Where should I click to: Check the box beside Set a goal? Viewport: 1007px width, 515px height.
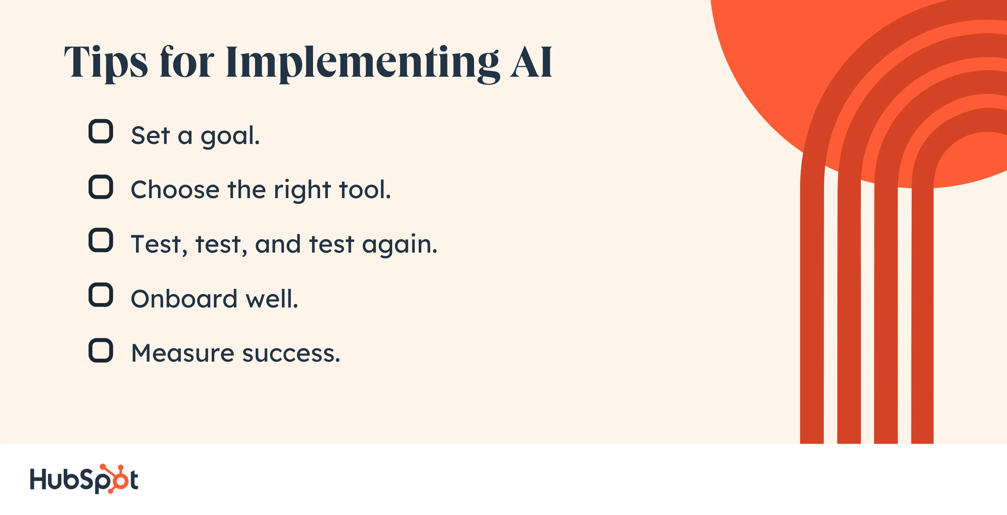[101, 131]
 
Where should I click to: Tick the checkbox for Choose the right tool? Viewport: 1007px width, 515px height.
[101, 187]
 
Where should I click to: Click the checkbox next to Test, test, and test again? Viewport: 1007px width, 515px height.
[101, 240]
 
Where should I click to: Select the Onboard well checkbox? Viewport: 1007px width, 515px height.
[101, 295]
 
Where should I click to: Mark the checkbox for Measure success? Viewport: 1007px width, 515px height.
[101, 350]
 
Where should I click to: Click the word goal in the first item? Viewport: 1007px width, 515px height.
[230, 137]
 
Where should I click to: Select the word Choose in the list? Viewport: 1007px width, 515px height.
[175, 190]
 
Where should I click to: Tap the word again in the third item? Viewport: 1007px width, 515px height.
[400, 245]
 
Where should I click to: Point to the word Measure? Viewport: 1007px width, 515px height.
[183, 353]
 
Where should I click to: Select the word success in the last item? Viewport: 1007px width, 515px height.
[291, 355]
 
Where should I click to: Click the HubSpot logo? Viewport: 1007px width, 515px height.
[84, 479]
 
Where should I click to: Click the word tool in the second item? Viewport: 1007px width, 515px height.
[365, 190]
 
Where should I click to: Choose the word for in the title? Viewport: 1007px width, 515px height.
[187, 62]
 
